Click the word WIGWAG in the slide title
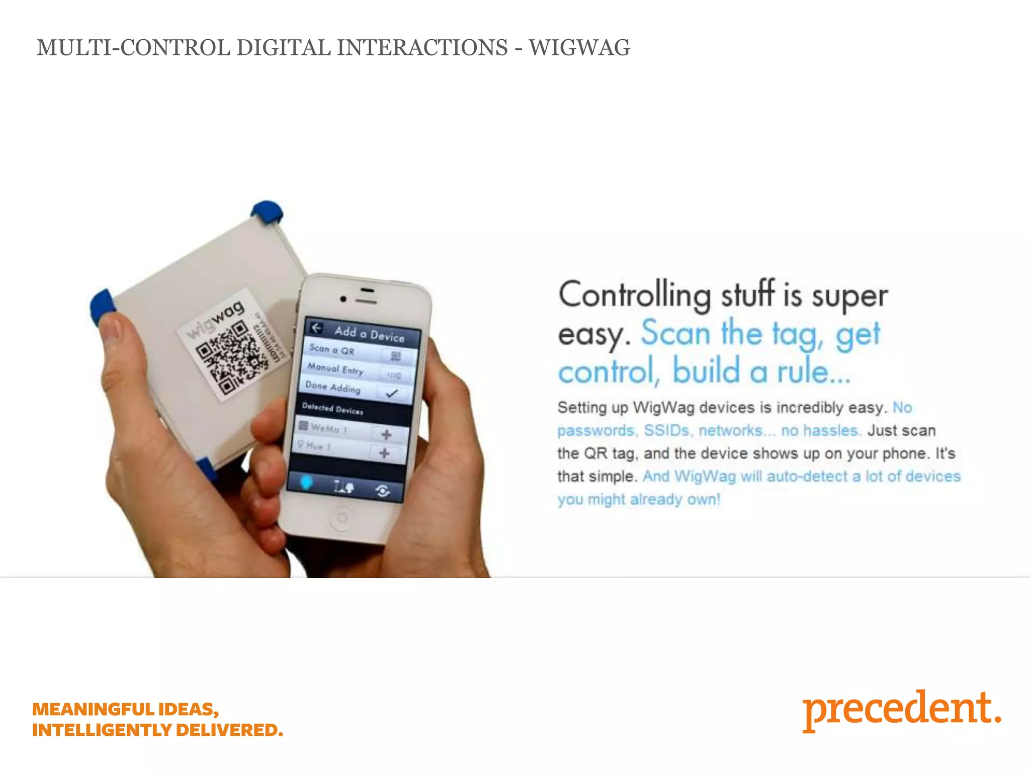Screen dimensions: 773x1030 tap(579, 48)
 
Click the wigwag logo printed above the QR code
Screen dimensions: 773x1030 tap(216, 320)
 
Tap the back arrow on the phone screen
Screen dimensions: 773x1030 tap(316, 328)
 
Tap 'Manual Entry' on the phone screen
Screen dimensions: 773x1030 tap(336, 369)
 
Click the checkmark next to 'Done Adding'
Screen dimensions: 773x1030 tap(392, 394)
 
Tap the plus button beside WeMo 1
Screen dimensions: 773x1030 tap(386, 434)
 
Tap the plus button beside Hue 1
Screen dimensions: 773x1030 tap(385, 453)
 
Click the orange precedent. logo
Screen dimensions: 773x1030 tap(901, 709)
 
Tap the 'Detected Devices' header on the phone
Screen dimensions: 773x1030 tap(332, 409)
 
